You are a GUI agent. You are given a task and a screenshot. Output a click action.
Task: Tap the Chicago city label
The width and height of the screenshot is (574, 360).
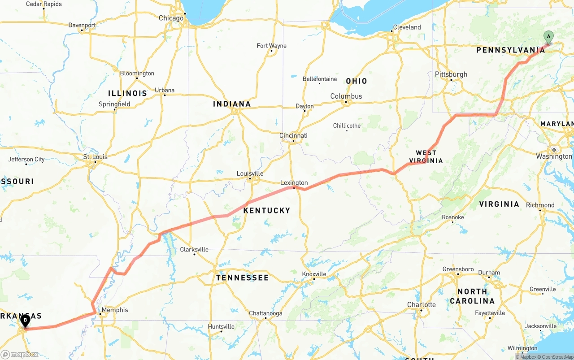point(171,18)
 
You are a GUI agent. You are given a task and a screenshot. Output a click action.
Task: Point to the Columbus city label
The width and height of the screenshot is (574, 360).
point(346,96)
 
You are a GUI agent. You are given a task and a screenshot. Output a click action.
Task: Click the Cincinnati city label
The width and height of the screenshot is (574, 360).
point(293,136)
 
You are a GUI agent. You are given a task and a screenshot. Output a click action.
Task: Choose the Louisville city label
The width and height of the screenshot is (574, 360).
point(250,173)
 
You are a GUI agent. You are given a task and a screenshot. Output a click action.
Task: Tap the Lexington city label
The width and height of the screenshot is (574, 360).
point(294,183)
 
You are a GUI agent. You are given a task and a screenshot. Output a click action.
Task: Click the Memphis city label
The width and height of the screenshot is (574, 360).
point(115,310)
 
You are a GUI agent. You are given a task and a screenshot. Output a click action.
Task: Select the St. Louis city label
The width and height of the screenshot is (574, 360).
point(96,157)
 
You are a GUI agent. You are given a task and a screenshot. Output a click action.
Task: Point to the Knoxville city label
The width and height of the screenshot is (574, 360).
point(314,274)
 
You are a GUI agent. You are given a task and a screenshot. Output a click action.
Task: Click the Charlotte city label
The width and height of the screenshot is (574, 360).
point(422,305)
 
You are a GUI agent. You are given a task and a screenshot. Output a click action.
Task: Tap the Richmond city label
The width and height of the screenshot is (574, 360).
point(540,205)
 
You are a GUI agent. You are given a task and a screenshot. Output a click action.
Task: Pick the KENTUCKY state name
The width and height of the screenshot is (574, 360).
point(267,210)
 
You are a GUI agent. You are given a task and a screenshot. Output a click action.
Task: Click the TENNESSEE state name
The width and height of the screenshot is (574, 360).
point(243,278)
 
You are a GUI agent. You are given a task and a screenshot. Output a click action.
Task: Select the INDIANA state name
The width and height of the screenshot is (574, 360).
point(232,104)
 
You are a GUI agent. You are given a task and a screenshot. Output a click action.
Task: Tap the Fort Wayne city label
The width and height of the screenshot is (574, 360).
point(271,46)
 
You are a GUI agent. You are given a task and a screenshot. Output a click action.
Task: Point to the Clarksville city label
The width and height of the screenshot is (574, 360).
point(194,250)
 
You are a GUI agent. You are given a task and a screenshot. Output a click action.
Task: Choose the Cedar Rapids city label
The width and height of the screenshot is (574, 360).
point(44,4)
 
